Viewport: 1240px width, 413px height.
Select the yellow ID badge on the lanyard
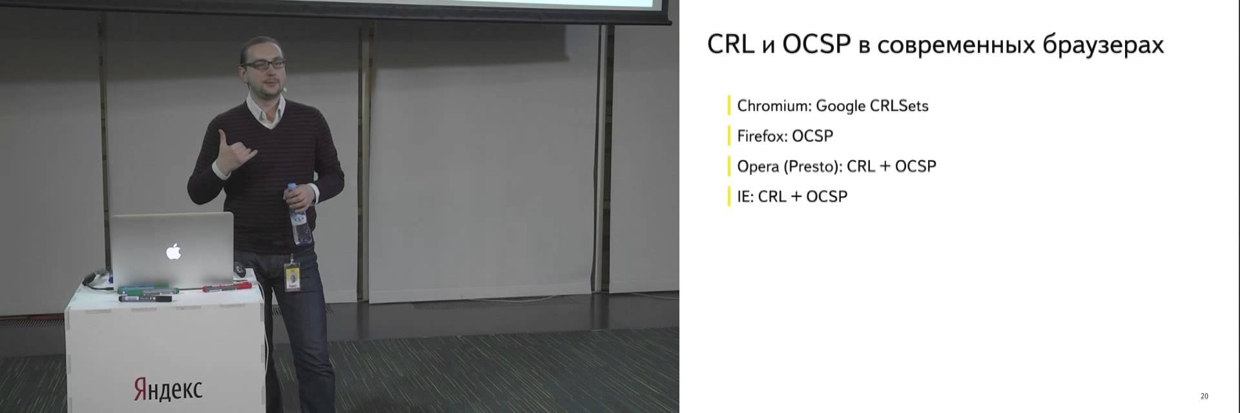(x=294, y=279)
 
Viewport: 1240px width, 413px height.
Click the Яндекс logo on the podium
(x=168, y=389)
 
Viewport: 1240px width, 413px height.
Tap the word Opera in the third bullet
(x=758, y=166)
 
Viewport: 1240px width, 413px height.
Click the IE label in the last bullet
(x=745, y=197)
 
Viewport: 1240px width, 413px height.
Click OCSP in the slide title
(x=816, y=44)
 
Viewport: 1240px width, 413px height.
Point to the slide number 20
(x=1204, y=396)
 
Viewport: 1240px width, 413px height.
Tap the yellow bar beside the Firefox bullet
(x=729, y=136)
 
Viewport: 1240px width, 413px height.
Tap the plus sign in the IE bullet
(x=796, y=197)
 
